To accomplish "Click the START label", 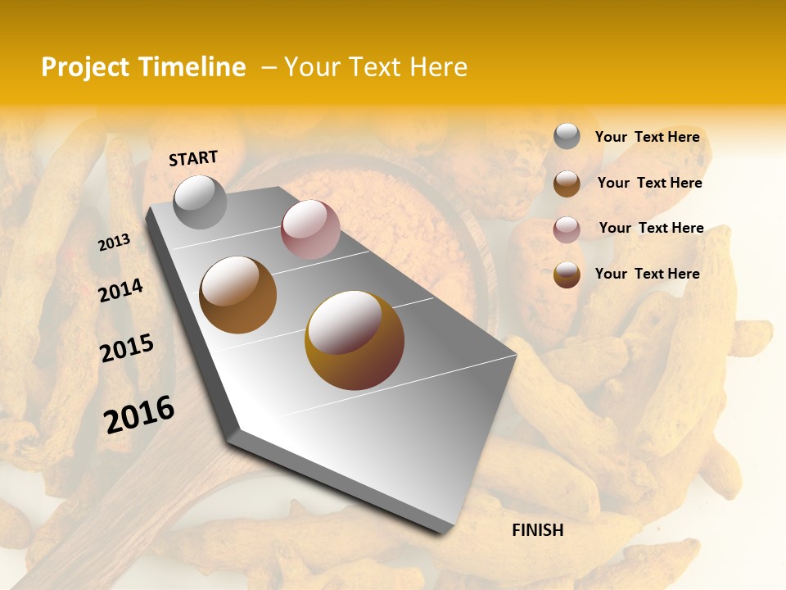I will pos(193,158).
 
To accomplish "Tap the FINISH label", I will pos(538,530).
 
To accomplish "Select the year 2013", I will pos(115,243).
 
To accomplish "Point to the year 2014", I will pos(121,290).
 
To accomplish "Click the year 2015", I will pos(127,349).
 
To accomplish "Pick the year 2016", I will pos(139,415).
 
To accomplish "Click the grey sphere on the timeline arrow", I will pos(201,202).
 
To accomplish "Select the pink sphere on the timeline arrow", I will pos(310,229).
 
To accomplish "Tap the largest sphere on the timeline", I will pos(355,339).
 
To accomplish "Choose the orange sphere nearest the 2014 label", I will pos(238,295).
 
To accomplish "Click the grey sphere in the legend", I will pos(567,136).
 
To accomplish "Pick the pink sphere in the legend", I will pos(567,229).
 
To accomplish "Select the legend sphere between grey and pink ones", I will pos(567,184).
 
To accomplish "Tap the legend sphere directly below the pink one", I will pos(567,275).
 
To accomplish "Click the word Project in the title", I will pos(84,67).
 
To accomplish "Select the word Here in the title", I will pos(438,67).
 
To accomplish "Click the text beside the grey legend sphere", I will pos(647,137).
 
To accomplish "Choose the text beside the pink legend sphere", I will pos(651,228).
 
